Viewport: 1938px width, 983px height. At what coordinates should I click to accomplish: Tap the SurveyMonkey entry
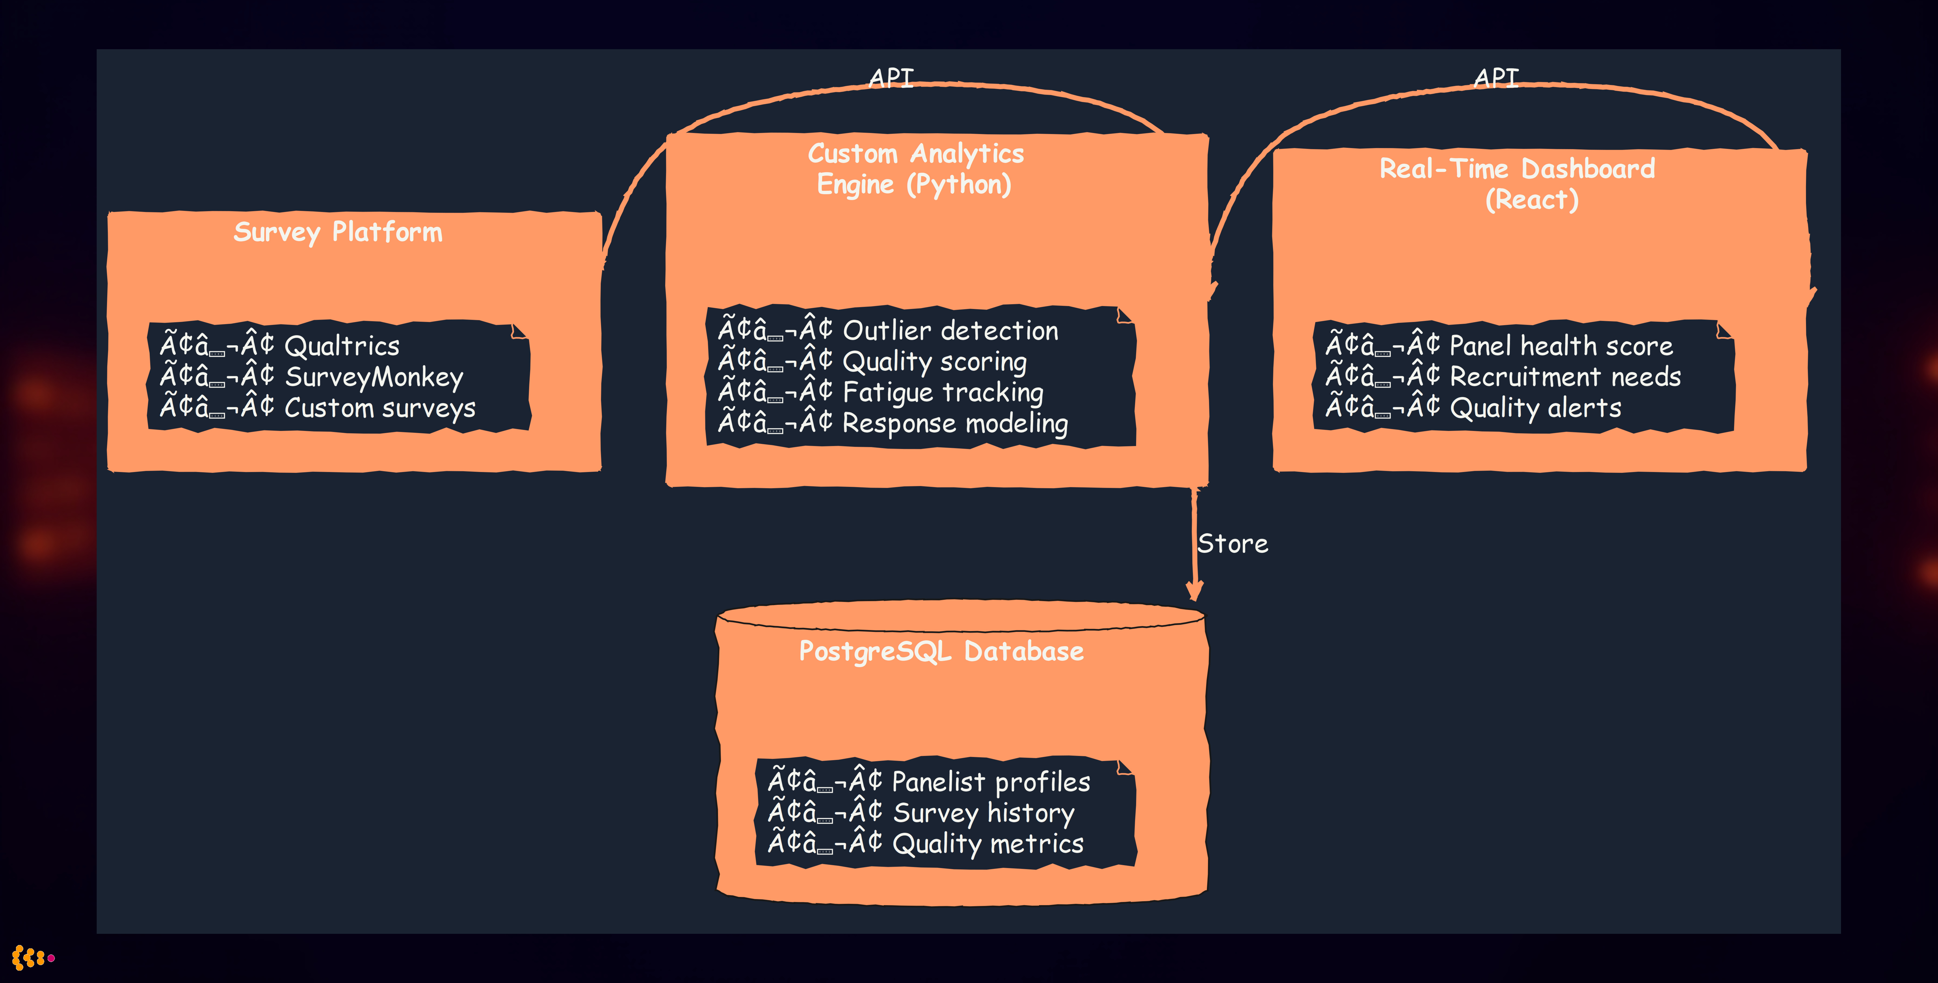tap(374, 377)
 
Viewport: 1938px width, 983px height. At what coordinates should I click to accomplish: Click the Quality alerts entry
tap(1535, 408)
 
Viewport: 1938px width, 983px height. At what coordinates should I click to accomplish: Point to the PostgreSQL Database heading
tap(941, 651)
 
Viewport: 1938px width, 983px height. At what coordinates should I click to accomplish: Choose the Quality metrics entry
tap(987, 844)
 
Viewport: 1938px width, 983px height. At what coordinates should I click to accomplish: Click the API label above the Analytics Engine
tap(891, 77)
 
